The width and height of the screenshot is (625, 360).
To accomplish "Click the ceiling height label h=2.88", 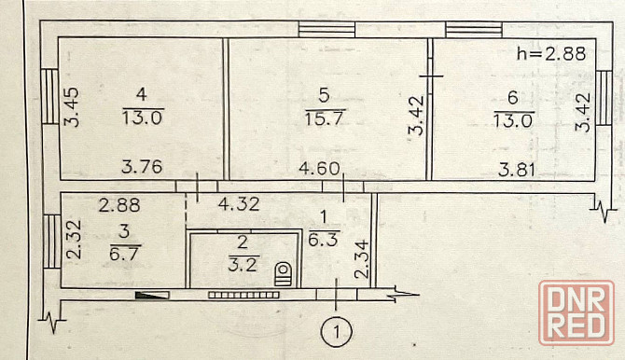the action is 551,53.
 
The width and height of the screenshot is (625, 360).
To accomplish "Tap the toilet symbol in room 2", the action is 283,273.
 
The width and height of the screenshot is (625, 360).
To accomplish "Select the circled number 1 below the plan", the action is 337,332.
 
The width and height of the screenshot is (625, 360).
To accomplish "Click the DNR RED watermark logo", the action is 576,312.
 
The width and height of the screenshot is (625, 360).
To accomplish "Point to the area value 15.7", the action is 325,118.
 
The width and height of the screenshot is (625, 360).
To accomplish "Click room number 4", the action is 142,95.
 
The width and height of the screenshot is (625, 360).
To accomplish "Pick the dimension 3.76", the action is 142,167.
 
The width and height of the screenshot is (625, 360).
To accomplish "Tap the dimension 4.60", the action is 319,168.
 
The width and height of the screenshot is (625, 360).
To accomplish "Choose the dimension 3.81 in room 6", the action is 517,171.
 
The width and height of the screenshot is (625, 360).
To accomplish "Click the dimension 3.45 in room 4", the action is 73,107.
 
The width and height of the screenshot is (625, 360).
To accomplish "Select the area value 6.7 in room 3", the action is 125,254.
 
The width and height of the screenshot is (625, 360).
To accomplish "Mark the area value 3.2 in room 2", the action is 243,264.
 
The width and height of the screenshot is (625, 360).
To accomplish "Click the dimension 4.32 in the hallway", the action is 239,204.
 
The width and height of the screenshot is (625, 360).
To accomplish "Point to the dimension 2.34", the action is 362,259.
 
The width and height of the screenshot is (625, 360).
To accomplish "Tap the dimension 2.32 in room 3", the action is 74,240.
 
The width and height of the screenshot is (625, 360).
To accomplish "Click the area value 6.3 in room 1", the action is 324,240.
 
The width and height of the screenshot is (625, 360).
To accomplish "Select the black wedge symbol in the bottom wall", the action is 151,296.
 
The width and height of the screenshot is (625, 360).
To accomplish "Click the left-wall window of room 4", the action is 49,97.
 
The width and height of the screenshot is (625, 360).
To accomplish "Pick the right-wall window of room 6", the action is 604,98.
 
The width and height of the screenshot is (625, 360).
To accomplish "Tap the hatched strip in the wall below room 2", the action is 243,295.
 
